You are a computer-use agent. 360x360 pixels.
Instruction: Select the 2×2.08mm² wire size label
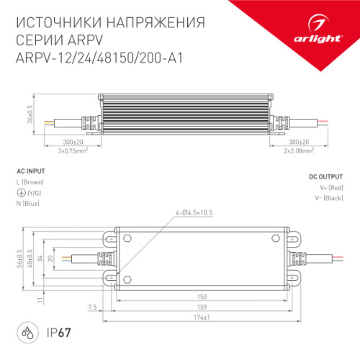point(297,151)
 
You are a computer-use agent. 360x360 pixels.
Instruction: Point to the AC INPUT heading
point(30,171)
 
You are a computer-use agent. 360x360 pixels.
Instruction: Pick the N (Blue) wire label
point(27,203)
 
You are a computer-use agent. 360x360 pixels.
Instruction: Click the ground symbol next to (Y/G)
point(19,194)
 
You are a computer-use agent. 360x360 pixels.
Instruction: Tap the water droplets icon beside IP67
point(27,336)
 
